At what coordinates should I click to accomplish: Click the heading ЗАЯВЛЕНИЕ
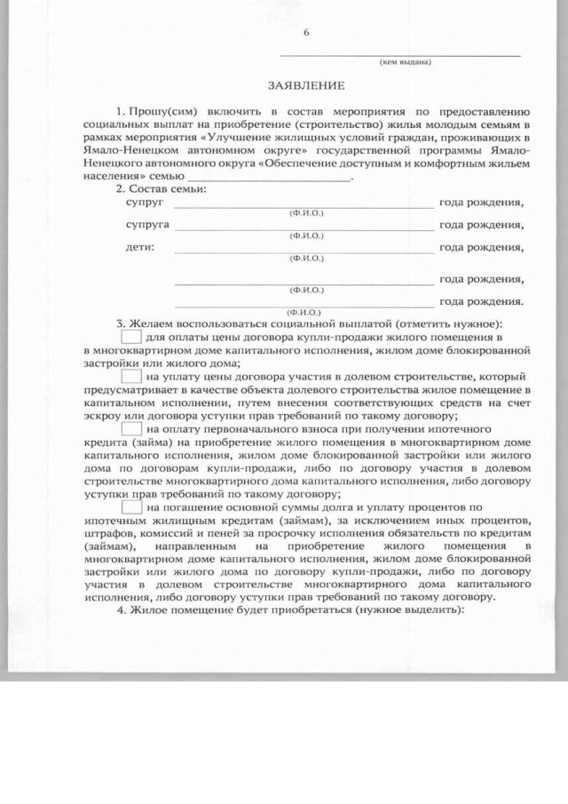(305, 86)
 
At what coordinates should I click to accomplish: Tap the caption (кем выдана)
(405, 62)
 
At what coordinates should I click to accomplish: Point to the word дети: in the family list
(139, 246)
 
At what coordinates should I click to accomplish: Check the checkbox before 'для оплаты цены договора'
(130, 337)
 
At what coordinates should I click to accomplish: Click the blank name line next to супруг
(302, 205)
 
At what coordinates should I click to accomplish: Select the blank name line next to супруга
(302, 227)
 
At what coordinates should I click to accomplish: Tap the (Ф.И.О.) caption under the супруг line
(306, 214)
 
